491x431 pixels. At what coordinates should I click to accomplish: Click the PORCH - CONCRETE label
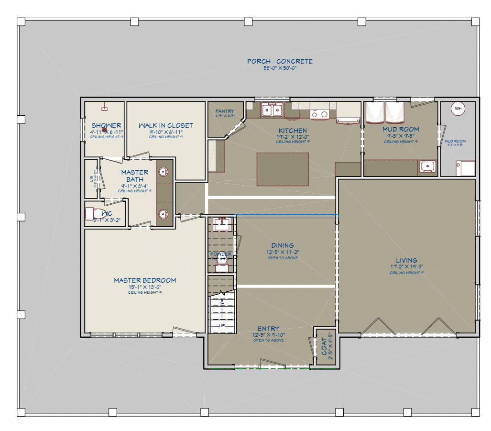point(280,61)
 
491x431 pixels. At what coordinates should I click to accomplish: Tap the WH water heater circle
point(458,109)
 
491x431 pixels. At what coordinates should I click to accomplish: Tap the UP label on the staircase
point(222,326)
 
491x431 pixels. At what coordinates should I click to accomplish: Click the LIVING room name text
point(406,261)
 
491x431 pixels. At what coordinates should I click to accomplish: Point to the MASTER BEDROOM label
point(145,280)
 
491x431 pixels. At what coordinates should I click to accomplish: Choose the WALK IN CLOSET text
point(166,125)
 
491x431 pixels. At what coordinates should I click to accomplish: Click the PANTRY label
point(225,111)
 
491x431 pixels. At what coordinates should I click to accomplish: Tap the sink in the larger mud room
point(427,166)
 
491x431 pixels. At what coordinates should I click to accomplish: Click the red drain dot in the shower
point(104,130)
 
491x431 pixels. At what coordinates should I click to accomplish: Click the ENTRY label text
point(268,329)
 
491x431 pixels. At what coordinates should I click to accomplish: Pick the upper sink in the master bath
point(163,172)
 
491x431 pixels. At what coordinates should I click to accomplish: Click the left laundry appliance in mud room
point(375,114)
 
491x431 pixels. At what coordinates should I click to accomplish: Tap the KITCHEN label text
point(293,131)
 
